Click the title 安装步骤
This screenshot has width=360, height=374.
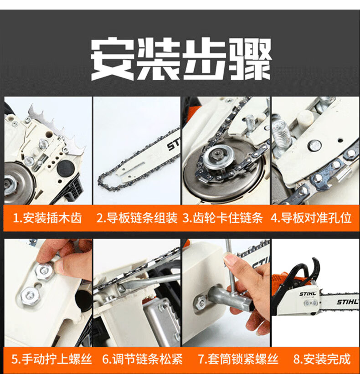tap(180, 59)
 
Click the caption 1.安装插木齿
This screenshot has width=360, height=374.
tap(47, 218)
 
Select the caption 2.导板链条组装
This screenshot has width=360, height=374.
tap(137, 218)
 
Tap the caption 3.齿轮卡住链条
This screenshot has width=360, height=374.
tap(222, 218)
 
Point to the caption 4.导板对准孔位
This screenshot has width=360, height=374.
tap(311, 218)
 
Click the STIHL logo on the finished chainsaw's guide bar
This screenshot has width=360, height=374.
tap(347, 302)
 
